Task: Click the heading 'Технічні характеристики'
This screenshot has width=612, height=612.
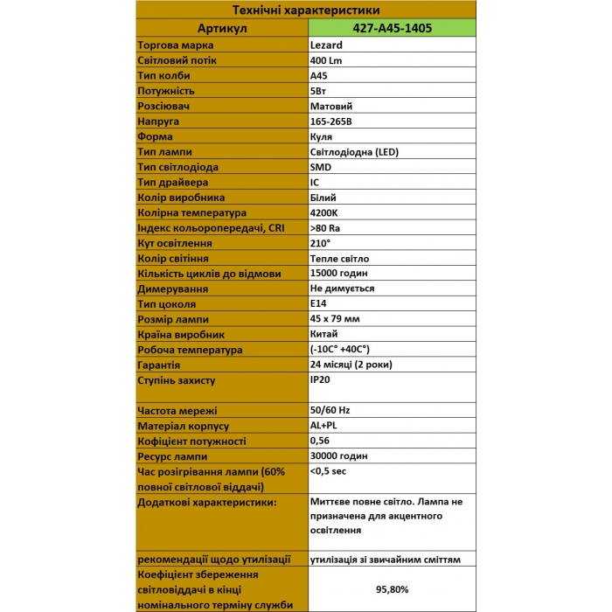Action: coord(305,10)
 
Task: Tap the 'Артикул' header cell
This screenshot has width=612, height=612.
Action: coord(223,28)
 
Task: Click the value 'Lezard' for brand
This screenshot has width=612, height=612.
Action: coord(326,45)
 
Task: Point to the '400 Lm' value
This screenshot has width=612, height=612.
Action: coord(329,60)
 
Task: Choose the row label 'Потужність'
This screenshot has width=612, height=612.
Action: coord(166,91)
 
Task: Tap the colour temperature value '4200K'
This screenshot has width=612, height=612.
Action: coord(325,212)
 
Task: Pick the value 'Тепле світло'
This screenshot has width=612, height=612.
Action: coord(339,259)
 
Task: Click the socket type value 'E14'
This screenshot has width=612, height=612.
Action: coord(318,303)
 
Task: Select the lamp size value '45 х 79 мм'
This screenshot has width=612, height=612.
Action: coord(335,319)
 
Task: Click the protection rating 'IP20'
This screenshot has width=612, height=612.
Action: coord(320,380)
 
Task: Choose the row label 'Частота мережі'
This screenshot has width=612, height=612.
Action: coord(177,411)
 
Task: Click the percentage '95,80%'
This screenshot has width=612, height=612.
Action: coord(393,589)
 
